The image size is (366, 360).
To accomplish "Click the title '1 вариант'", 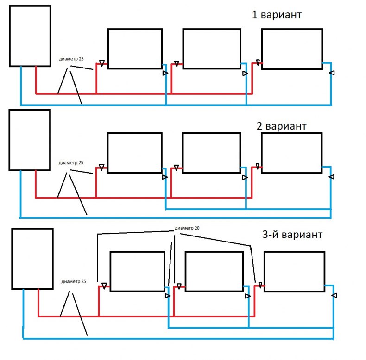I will pos(277,15).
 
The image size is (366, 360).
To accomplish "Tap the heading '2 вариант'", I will pos(281,126).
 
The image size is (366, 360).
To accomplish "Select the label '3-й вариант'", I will pos(291,234).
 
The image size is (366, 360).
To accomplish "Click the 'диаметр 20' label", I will pos(188,228).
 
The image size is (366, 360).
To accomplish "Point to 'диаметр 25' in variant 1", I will pos(71,59).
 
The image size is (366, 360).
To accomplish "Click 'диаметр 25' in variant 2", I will pos(71,163).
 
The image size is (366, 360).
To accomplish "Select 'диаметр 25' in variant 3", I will pos(74,281).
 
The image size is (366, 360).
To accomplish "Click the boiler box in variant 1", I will pos(30,36).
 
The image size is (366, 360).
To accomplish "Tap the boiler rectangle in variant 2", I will pos(30,140).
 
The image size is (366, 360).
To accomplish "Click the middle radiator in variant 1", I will pos(211,49).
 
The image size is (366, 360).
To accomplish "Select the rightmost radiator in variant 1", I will pos(292,49).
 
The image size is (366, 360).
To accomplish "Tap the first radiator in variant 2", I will pos(134,153).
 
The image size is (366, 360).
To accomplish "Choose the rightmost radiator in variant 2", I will pos(292,153).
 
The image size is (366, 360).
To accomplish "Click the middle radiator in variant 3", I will pos(214,272).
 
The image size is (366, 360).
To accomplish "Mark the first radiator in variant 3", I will pos(137,272).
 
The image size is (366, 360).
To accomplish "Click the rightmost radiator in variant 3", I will pos(294,272).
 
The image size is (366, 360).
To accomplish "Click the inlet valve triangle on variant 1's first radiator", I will pos(101,63).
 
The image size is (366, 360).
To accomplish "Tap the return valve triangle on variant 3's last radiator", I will pos(334,295).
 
